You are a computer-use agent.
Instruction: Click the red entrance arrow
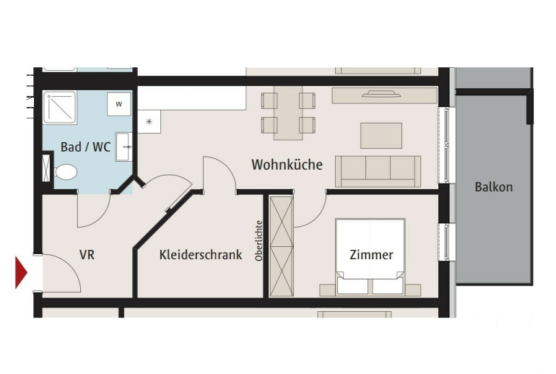point(20,272)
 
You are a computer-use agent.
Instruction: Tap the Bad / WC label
point(85,147)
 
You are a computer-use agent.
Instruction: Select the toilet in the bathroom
point(66,172)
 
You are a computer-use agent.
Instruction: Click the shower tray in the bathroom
point(59,107)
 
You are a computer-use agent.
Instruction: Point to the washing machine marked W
point(119,104)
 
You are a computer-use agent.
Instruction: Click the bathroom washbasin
point(123,147)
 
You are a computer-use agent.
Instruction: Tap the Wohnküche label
point(287,165)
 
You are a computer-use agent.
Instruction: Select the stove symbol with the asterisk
point(149,121)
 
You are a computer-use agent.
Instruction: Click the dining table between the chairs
point(288,113)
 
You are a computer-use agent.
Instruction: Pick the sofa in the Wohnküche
point(378,171)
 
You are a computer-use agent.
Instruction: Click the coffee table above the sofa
point(381,136)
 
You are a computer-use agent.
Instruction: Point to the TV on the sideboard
point(381,94)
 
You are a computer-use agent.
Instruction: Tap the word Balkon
point(494,187)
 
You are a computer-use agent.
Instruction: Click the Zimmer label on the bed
point(371,255)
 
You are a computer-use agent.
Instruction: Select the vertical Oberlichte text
point(259,241)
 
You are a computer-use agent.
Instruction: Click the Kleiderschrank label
point(201,255)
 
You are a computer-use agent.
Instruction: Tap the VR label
point(87,255)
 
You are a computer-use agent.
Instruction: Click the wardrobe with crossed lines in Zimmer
point(282,246)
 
